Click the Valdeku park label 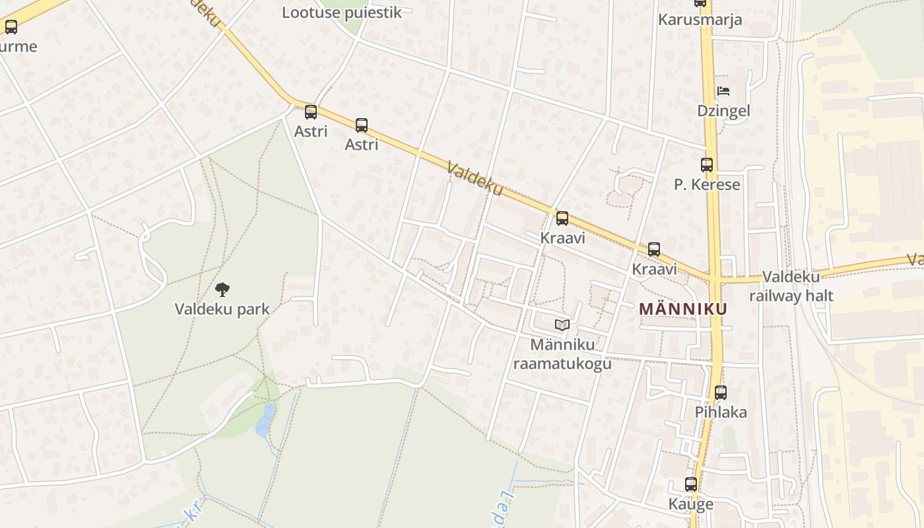click(222, 309)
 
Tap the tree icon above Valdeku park click(222, 289)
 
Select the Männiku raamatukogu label click(562, 354)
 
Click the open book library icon click(562, 325)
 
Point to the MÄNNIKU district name click(683, 309)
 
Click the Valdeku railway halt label click(791, 286)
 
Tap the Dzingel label click(723, 111)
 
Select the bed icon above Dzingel click(723, 91)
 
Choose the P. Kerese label click(707, 185)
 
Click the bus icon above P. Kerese click(707, 165)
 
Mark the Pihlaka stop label click(721, 412)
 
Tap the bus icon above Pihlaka click(721, 393)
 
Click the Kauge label click(691, 504)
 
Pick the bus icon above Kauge click(691, 484)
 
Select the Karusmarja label click(700, 20)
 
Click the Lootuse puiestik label click(341, 13)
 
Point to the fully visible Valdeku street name click(475, 178)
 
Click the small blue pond click(265, 419)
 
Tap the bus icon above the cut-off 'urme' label click(11, 27)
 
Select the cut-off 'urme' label click(18, 47)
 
